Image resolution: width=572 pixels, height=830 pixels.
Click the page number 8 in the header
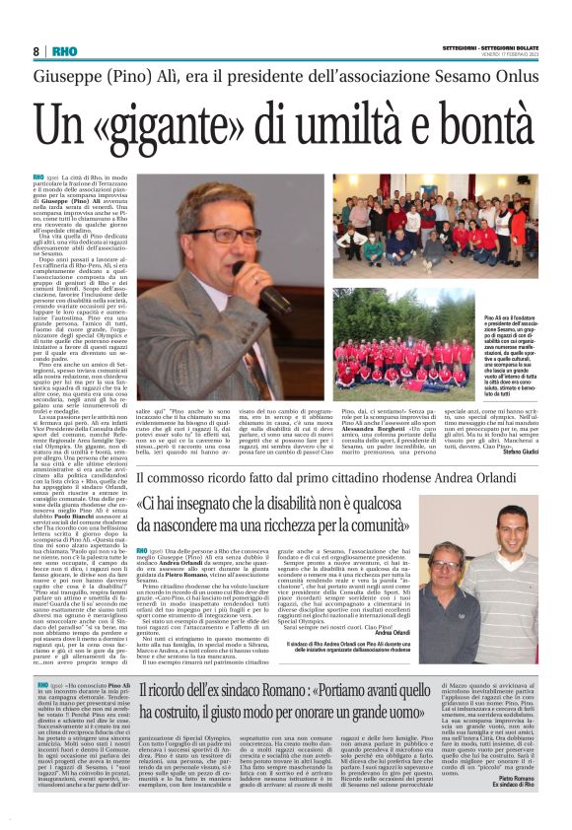click(36, 51)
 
